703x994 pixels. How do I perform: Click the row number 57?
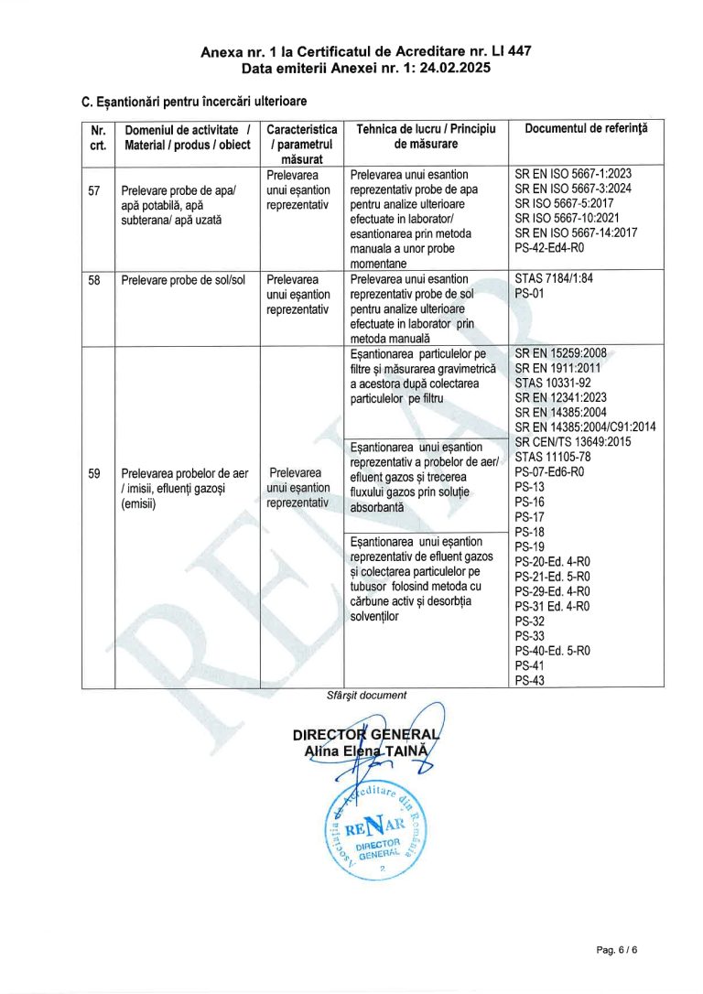click(94, 190)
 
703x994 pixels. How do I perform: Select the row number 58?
click(94, 279)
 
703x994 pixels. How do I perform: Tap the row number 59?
click(94, 473)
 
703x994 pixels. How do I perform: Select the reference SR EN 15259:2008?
click(560, 352)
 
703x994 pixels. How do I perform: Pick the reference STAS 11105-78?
click(552, 455)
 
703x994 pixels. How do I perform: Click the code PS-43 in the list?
click(530, 679)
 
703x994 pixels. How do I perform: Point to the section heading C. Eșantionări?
click(194, 101)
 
